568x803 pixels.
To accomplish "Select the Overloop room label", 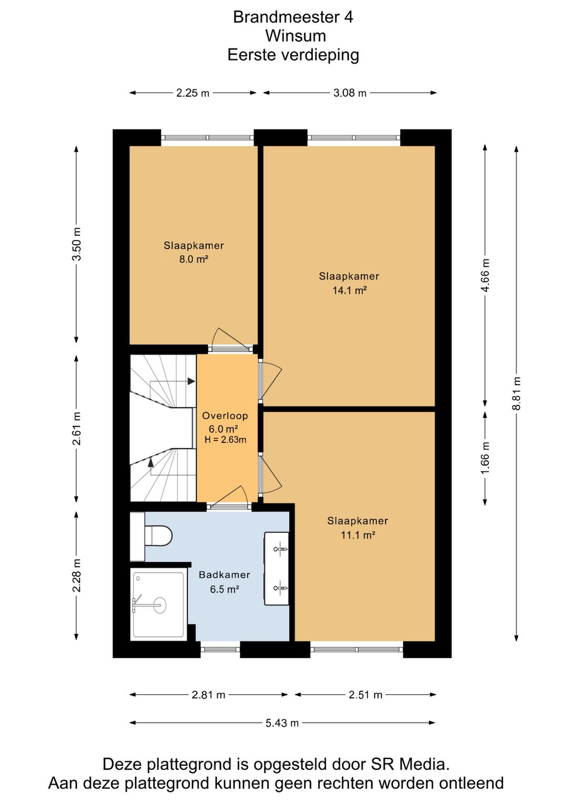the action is coord(225,416).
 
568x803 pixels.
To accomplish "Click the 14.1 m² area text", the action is coord(349,290).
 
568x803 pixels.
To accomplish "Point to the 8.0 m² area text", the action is coord(194,259).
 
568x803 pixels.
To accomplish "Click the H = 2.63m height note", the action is coord(226,439).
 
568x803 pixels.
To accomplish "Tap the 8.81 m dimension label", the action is coord(516,393).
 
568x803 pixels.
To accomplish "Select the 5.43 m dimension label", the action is coord(282,722).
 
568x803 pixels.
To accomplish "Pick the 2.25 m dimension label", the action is coord(192,93).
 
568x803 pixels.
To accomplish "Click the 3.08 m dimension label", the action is coord(350,93).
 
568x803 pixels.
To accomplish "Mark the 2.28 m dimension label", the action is coord(76,575).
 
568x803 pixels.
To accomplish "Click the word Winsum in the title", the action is coord(296,36).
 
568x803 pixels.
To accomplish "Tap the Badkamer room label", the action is coord(225,575).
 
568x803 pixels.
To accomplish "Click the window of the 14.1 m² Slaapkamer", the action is coord(354,138).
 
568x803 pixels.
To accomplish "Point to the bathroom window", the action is coord(220,649).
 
